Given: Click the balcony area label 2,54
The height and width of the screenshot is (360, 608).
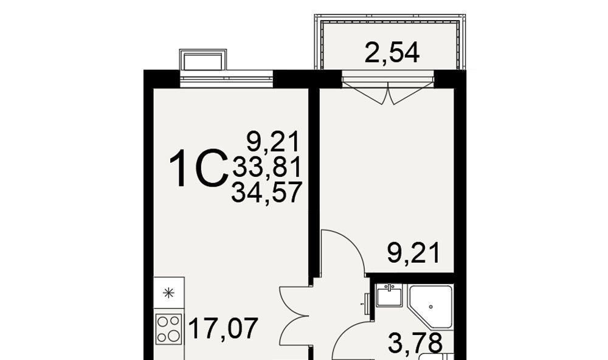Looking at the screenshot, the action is tap(392, 53).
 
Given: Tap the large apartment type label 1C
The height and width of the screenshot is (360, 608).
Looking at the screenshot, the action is tap(199, 169).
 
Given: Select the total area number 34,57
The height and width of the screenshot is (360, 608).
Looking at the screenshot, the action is tap(266, 193).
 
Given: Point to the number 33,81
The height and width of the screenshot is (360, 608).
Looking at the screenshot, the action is tap(267, 168).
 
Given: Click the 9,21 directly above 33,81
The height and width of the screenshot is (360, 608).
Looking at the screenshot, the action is tap(274, 142).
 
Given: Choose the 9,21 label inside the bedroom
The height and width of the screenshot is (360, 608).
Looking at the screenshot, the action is tap(413, 252).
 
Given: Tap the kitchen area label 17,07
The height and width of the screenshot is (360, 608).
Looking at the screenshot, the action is tap(223, 328).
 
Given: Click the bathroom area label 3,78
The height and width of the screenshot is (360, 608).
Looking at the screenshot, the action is tap(415, 343).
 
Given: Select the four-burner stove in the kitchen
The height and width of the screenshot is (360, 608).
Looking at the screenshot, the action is tap(168, 329).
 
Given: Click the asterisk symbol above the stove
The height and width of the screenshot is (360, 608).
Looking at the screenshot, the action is tap(168, 293).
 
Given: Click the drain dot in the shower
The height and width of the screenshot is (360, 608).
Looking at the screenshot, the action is tap(431, 306).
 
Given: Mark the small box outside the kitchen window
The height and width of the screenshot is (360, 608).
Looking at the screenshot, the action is tap(203, 60).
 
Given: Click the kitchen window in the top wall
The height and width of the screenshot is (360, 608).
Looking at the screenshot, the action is tap(226, 79).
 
